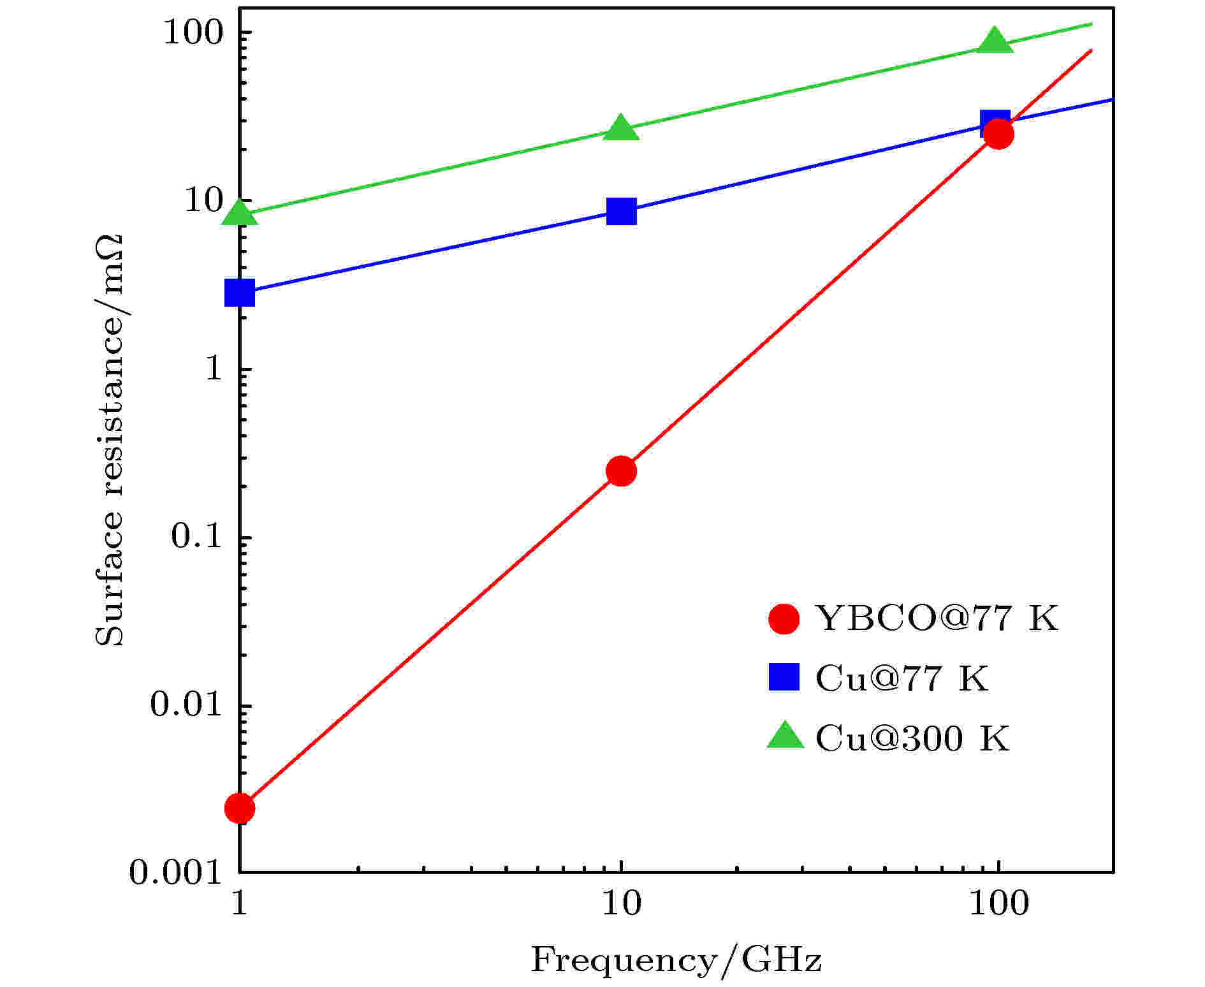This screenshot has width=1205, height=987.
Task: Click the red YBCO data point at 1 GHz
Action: [x=240, y=808]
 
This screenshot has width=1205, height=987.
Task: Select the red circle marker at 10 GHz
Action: [x=621, y=471]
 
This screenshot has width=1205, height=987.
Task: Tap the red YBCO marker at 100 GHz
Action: [x=998, y=134]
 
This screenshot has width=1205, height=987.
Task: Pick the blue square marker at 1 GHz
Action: [x=240, y=293]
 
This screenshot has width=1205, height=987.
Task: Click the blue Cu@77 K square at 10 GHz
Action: [x=621, y=211]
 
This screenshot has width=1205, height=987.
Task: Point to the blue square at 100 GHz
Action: [x=995, y=122]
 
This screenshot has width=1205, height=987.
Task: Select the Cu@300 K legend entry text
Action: [x=912, y=738]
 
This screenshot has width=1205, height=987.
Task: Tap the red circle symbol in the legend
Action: [x=784, y=618]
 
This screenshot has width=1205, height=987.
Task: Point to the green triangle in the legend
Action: [x=785, y=736]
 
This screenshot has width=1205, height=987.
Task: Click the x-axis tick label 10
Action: [x=621, y=903]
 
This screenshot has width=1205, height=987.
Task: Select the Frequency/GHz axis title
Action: [x=676, y=960]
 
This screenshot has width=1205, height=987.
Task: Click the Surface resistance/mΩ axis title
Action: [x=110, y=440]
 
